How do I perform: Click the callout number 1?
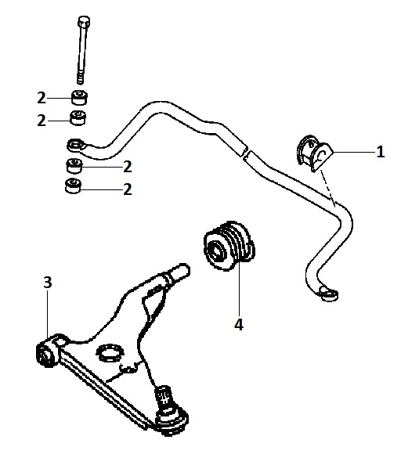click(380, 152)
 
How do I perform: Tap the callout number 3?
click(48, 282)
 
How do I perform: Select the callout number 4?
click(239, 324)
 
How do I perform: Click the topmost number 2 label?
click(42, 98)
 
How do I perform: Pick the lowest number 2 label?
click(128, 189)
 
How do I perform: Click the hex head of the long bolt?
click(84, 21)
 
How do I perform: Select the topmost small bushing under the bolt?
click(79, 96)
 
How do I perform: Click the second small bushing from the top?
click(78, 117)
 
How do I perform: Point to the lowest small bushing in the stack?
click(73, 186)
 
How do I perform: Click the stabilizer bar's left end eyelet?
click(76, 146)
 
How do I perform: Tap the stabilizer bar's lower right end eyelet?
click(329, 294)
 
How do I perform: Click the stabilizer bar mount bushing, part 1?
click(314, 153)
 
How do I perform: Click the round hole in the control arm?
click(110, 353)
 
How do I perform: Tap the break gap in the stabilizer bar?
click(246, 152)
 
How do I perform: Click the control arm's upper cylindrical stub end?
click(178, 272)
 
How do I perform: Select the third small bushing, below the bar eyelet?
click(74, 165)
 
